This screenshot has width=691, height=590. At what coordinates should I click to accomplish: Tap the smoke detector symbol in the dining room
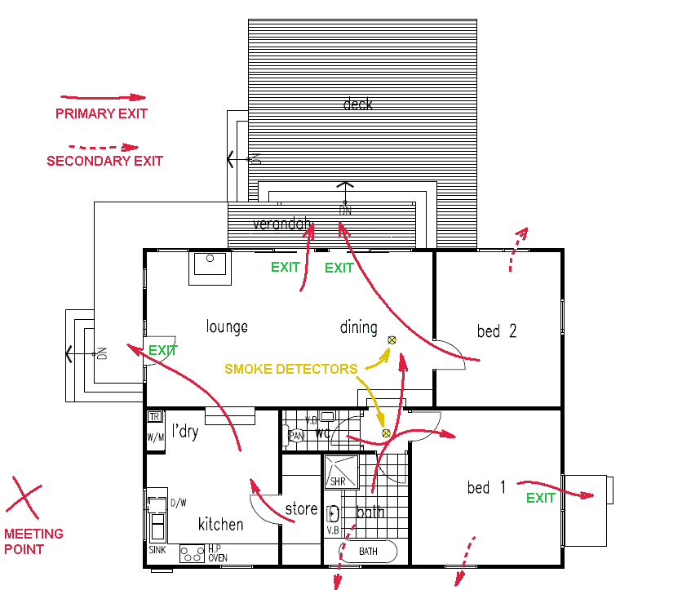pos(392,339)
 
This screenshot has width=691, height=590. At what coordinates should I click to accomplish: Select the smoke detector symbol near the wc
pos(386,433)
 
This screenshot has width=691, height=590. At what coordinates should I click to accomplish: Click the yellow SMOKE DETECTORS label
pos(290,369)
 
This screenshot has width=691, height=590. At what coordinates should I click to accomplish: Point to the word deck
pos(357,104)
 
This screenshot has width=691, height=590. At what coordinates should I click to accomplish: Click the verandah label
pos(282,224)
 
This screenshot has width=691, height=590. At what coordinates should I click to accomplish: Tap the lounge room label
pos(227,327)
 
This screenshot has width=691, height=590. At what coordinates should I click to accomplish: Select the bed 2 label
pos(496,331)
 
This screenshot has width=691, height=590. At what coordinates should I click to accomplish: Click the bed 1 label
pos(486,488)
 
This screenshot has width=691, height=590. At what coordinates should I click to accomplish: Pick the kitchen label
pos(220,524)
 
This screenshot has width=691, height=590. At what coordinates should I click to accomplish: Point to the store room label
pos(301,510)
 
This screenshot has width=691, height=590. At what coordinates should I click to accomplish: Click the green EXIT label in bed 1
pos(540,498)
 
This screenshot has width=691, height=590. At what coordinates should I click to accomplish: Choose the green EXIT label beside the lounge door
pos(162,350)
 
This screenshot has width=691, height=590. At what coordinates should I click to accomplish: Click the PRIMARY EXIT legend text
pos(101,113)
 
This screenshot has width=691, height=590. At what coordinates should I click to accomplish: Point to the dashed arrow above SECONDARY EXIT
pos(104,147)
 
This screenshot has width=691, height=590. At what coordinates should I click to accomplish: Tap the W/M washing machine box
pos(156,437)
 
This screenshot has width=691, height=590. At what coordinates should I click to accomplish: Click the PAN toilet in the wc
pos(298,437)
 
